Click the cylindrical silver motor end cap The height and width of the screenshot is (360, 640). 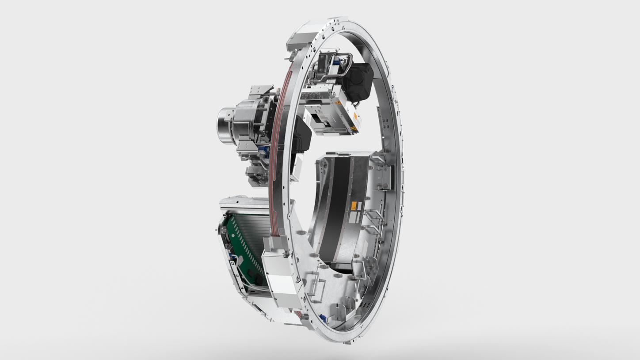[x=225, y=126]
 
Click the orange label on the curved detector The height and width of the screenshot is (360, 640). [x=354, y=205]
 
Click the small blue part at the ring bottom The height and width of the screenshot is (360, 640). [x=324, y=318]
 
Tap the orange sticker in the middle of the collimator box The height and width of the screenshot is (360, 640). [x=355, y=117]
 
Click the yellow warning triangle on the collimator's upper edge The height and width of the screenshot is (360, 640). [x=338, y=102]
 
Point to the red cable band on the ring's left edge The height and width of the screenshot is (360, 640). [x=275, y=146]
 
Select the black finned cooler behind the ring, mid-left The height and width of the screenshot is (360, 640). [x=303, y=137]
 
